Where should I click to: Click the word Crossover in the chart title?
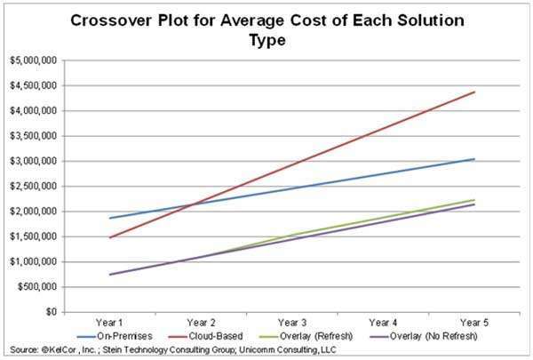pyautogui.click(x=111, y=20)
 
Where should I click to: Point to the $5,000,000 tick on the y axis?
pyautogui.click(x=33, y=61)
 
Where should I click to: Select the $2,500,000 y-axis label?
pyautogui.click(x=33, y=187)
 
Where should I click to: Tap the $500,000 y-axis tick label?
pyautogui.click(x=37, y=287)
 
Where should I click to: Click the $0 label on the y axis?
pyautogui.click(x=51, y=312)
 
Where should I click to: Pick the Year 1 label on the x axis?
pyautogui.click(x=109, y=323)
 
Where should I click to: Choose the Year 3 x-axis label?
pyautogui.click(x=292, y=323)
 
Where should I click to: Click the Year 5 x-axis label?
pyautogui.click(x=474, y=323)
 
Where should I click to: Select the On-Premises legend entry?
pyautogui.click(x=115, y=336)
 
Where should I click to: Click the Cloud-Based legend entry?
pyautogui.click(x=206, y=336)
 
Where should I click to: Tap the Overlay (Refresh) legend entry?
pyautogui.click(x=306, y=336)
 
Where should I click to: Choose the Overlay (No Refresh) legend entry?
pyautogui.click(x=423, y=336)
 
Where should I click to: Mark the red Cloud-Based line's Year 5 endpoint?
pyautogui.click(x=474, y=92)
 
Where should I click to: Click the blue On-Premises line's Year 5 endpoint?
pyautogui.click(x=474, y=159)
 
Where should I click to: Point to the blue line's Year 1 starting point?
pyautogui.click(x=109, y=218)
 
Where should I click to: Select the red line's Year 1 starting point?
pyautogui.click(x=109, y=237)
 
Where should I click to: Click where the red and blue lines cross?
pyautogui.click(x=195, y=204)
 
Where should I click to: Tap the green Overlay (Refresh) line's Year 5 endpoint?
pyautogui.click(x=474, y=200)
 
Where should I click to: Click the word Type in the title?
pyautogui.click(x=267, y=41)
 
